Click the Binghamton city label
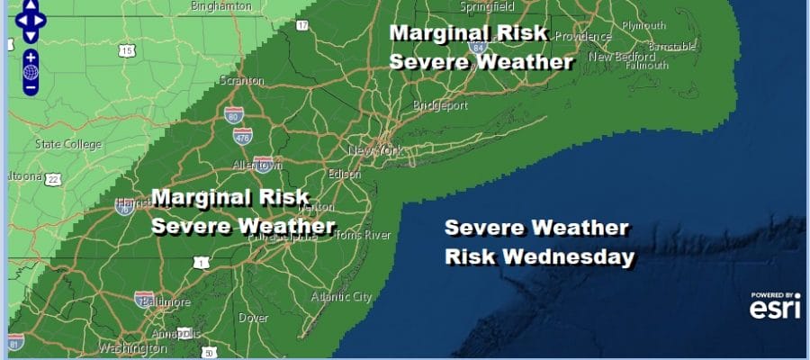222,5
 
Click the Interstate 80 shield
233,116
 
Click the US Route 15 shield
126,50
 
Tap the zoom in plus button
31,57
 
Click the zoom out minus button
31,87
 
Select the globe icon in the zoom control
31,72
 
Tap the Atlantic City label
340,297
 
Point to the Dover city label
254,318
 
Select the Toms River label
363,235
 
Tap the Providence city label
578,36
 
